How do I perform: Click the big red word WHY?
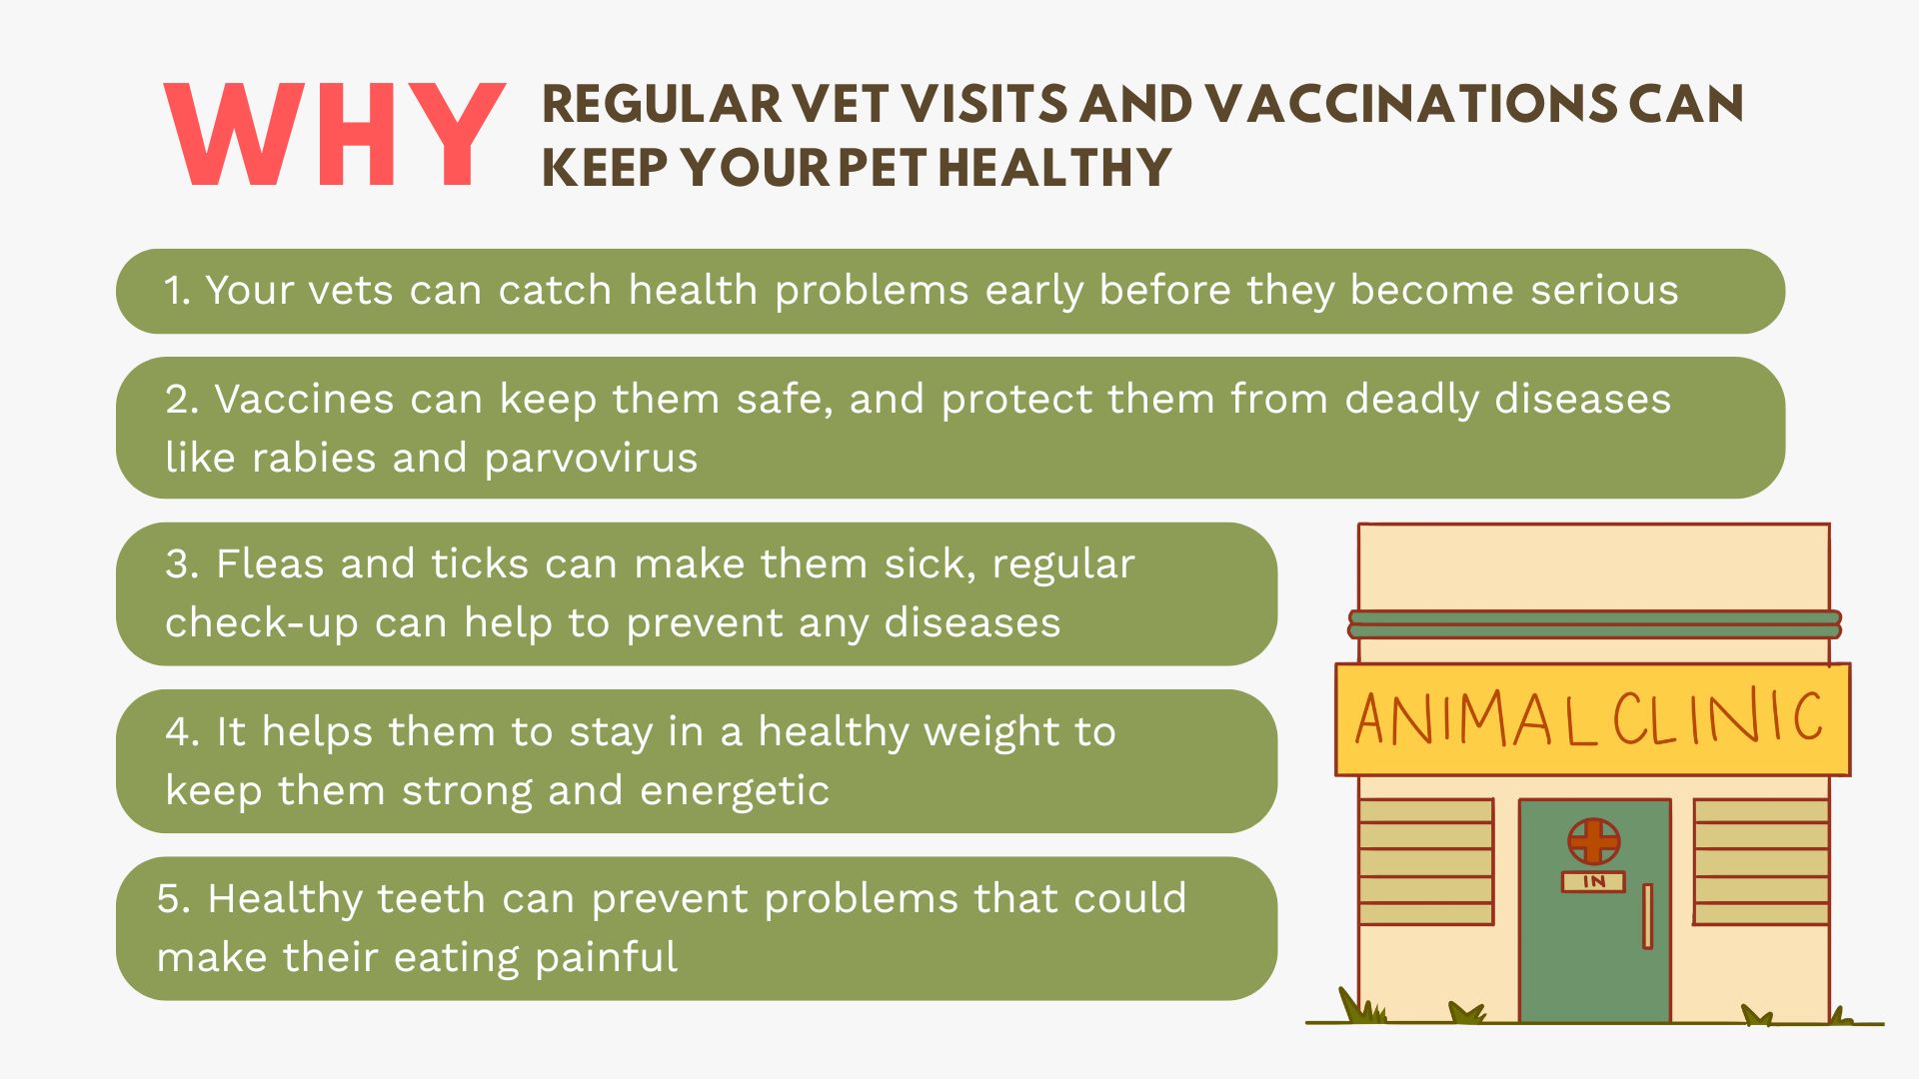[335, 135]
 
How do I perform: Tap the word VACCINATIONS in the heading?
[1410, 104]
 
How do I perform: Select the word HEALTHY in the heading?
[1055, 167]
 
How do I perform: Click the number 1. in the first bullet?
[177, 291]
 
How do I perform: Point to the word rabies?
[314, 458]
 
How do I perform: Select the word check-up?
[262, 623]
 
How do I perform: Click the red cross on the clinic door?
[1593, 840]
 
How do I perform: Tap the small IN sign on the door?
[1593, 881]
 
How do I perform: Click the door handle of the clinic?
[1647, 916]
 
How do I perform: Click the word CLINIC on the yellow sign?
[1717, 716]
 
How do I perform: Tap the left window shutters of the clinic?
[1426, 861]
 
